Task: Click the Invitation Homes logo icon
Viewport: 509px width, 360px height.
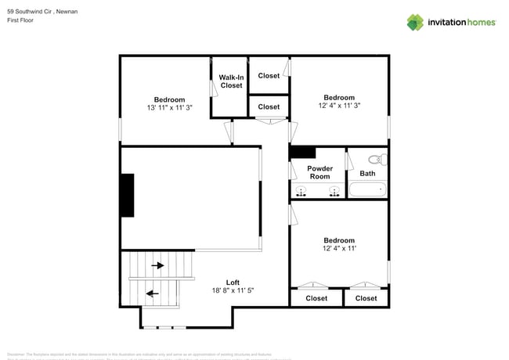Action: click(415, 22)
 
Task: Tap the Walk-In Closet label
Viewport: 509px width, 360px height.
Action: click(231, 81)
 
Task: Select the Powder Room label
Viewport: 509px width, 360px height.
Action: click(319, 172)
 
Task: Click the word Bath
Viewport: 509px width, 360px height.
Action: click(367, 174)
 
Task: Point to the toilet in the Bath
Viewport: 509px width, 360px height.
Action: click(375, 160)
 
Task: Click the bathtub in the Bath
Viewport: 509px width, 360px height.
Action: click(367, 189)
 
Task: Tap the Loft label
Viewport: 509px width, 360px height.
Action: click(233, 283)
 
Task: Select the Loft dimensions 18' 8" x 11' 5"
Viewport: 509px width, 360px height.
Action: click(233, 291)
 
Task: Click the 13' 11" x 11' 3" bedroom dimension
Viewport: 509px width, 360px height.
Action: click(169, 108)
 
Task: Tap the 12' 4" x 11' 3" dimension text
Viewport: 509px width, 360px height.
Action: click(339, 106)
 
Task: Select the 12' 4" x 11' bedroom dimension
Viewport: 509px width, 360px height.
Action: click(338, 249)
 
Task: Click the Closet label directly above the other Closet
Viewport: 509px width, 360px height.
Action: click(269, 76)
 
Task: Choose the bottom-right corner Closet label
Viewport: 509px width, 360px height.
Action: click(366, 298)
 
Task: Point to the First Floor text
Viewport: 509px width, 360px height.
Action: click(21, 22)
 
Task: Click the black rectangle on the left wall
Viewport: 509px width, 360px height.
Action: click(127, 196)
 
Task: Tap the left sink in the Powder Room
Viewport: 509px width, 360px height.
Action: click(300, 193)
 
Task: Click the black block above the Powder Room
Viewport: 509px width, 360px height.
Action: click(302, 153)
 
